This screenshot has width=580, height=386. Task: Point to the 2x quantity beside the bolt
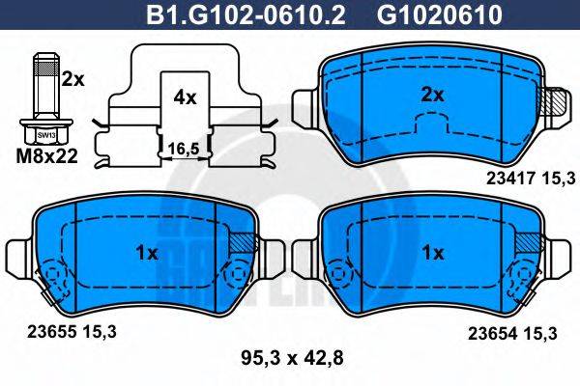tap(72, 81)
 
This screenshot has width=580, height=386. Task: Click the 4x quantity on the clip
tap(184, 97)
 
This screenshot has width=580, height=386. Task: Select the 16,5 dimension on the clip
tap(184, 149)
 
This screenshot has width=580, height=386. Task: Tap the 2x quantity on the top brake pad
tap(434, 95)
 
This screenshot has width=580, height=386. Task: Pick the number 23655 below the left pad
tap(42, 330)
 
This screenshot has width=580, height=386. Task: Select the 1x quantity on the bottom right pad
tap(434, 253)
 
